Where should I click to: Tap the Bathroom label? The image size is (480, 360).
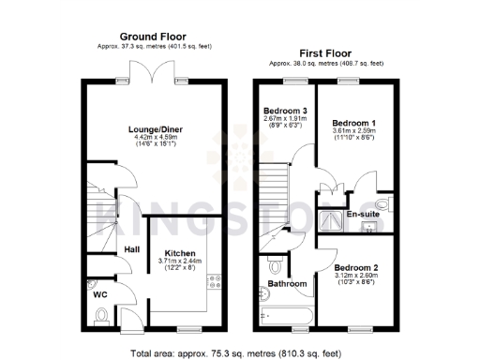tap(287, 283)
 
